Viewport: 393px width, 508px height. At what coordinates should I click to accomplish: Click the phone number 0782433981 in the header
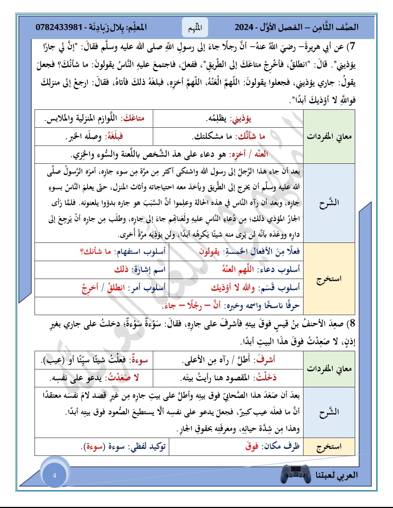pos(59,27)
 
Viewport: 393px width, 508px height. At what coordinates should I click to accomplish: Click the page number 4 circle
pos(55,475)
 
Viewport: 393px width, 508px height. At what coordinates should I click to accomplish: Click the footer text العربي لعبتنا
pos(337,475)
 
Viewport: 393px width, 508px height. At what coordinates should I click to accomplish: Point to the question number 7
pos(351,47)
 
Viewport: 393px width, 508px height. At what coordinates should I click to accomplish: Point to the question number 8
pos(351,323)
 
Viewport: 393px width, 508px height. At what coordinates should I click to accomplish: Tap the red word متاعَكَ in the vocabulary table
pos(134,119)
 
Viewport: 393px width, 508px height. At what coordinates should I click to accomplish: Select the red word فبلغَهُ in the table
pos(114,137)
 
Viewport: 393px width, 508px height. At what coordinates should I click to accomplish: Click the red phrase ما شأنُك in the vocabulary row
pos(251,137)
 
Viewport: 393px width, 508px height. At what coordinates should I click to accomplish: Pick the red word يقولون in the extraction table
pos(209,252)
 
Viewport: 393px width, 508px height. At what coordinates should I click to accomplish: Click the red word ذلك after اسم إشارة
pos(121,270)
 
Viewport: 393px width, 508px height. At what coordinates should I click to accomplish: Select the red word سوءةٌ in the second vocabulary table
pos(138,360)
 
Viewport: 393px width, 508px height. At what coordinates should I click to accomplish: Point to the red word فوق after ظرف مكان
pos(252,446)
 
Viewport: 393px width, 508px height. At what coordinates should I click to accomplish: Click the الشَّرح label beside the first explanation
pos(329,203)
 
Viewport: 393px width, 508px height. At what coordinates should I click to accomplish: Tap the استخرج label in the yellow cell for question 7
pos(329,279)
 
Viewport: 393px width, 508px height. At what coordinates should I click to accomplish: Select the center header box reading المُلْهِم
pos(195,27)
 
